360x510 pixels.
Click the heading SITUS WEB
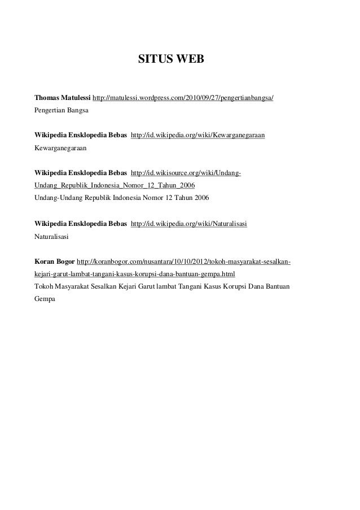click(166, 58)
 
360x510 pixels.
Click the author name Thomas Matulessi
click(62, 98)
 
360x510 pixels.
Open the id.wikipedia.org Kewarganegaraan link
click(198, 136)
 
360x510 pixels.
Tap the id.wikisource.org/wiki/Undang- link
click(186, 173)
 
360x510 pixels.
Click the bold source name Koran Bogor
click(54, 262)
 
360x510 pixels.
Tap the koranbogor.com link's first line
click(183, 262)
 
